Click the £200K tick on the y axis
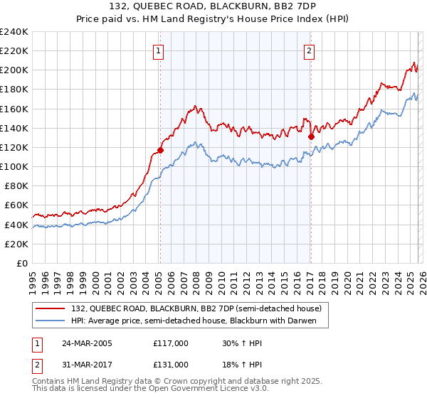[14, 70]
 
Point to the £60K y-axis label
[16, 205]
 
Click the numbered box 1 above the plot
[157, 50]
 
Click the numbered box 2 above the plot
[310, 50]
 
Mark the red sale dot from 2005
[160, 150]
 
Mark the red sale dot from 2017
[311, 136]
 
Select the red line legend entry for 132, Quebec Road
[196, 308]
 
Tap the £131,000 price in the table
[171, 364]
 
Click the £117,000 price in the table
[171, 343]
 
